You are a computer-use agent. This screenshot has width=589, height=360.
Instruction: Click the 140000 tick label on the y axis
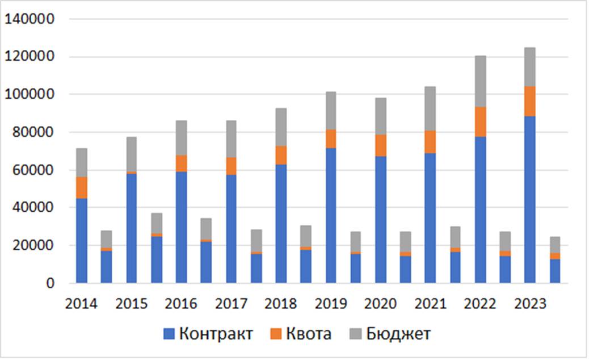[29, 19]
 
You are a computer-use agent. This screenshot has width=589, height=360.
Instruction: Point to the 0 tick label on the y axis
[51, 283]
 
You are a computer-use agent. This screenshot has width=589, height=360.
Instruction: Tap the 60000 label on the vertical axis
[33, 170]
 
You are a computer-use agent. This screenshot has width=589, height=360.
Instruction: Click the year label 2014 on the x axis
[81, 304]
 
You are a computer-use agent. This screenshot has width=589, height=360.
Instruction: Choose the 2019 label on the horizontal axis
[331, 304]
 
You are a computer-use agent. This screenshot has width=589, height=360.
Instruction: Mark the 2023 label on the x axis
[530, 304]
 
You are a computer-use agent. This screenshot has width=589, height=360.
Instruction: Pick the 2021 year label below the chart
[430, 304]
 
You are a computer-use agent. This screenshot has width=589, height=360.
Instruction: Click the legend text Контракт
[216, 333]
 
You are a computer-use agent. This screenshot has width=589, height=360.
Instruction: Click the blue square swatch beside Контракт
[169, 334]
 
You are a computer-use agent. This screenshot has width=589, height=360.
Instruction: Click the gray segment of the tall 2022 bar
[480, 81]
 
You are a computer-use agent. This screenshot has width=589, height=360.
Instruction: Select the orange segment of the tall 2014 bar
[81, 187]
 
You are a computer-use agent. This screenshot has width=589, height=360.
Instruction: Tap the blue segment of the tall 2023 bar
[530, 199]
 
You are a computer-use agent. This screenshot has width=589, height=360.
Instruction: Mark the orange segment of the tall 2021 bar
[430, 142]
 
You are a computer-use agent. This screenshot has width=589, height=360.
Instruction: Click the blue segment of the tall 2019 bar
[331, 216]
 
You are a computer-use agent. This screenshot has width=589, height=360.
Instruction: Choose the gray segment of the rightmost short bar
[555, 245]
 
